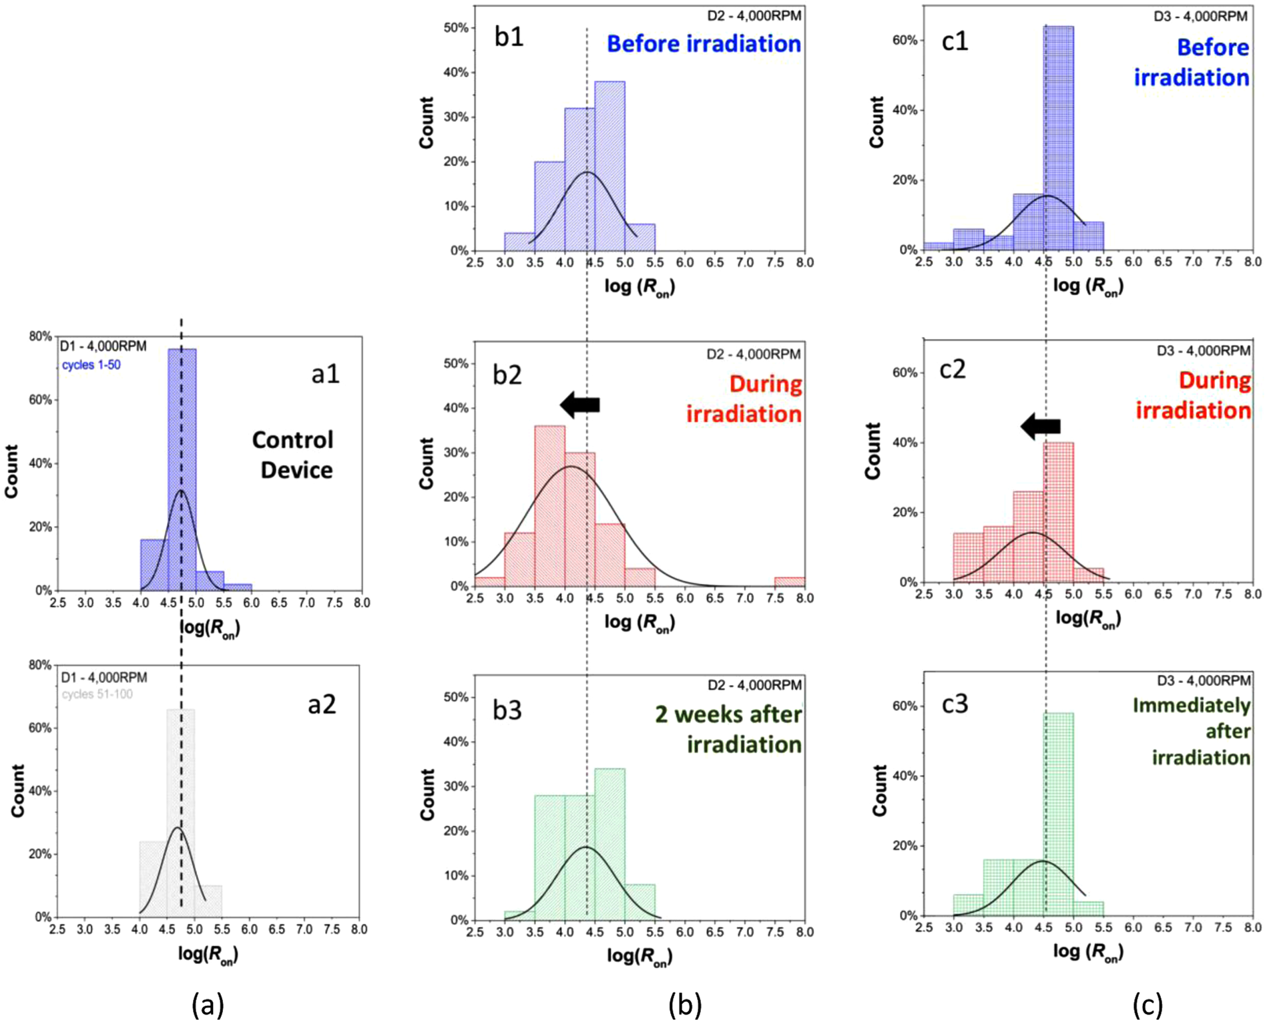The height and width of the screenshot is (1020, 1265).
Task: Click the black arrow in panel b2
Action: click(579, 405)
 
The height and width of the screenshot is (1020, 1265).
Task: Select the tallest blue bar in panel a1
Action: click(182, 467)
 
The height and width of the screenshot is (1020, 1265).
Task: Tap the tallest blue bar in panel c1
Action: click(1059, 140)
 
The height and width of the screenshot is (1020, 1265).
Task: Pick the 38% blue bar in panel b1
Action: click(609, 167)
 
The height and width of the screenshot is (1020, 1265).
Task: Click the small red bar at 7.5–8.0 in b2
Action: click(790, 581)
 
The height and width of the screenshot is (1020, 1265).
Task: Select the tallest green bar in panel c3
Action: click(1059, 814)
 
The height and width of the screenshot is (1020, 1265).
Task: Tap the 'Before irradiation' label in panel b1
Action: click(704, 44)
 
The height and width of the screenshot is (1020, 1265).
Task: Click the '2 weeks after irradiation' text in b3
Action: click(728, 729)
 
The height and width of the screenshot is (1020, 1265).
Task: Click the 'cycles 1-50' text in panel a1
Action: click(91, 365)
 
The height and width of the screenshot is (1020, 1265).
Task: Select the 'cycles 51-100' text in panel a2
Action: click(97, 694)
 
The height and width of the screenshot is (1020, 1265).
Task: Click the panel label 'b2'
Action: click(507, 375)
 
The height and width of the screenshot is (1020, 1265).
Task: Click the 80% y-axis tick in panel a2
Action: click(41, 665)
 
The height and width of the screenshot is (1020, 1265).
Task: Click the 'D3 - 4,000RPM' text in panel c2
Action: click(1203, 350)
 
